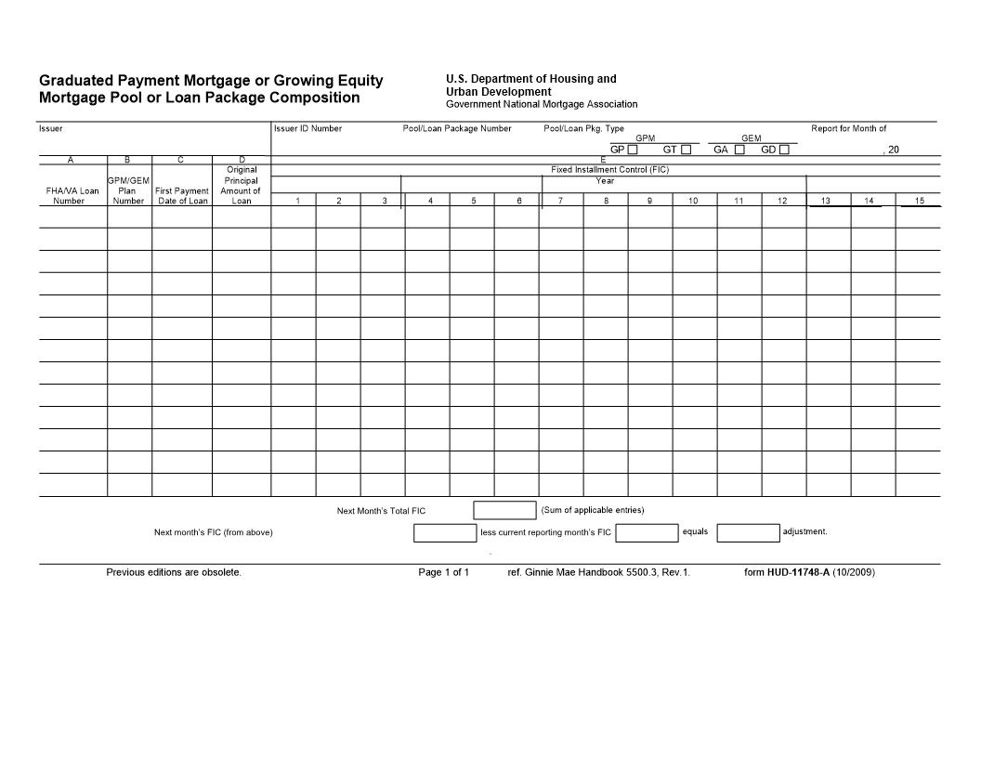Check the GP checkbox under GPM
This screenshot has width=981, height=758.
coord(633,150)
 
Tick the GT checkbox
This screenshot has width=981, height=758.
coord(686,150)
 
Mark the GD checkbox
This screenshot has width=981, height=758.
coord(784,150)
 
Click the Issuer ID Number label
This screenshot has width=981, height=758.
coord(307,128)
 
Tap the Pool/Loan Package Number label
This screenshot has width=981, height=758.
coord(456,128)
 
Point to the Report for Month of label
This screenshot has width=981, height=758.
coord(848,128)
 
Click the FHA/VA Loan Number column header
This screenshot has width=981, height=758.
coord(72,195)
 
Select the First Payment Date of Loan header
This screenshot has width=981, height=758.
coord(182,195)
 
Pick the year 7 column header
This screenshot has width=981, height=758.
coord(560,201)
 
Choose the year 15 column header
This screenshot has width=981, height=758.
coord(919,201)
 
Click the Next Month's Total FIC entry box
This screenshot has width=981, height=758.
coord(504,510)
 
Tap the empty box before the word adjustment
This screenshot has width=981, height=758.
coord(748,533)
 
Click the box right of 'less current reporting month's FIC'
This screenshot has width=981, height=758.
coord(647,533)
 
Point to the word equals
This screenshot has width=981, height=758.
coord(695,532)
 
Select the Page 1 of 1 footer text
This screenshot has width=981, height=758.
coord(443,572)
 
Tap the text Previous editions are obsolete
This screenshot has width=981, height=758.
coord(174,572)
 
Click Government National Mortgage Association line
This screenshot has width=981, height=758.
coord(542,104)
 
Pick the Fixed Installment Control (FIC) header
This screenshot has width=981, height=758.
coord(609,170)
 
